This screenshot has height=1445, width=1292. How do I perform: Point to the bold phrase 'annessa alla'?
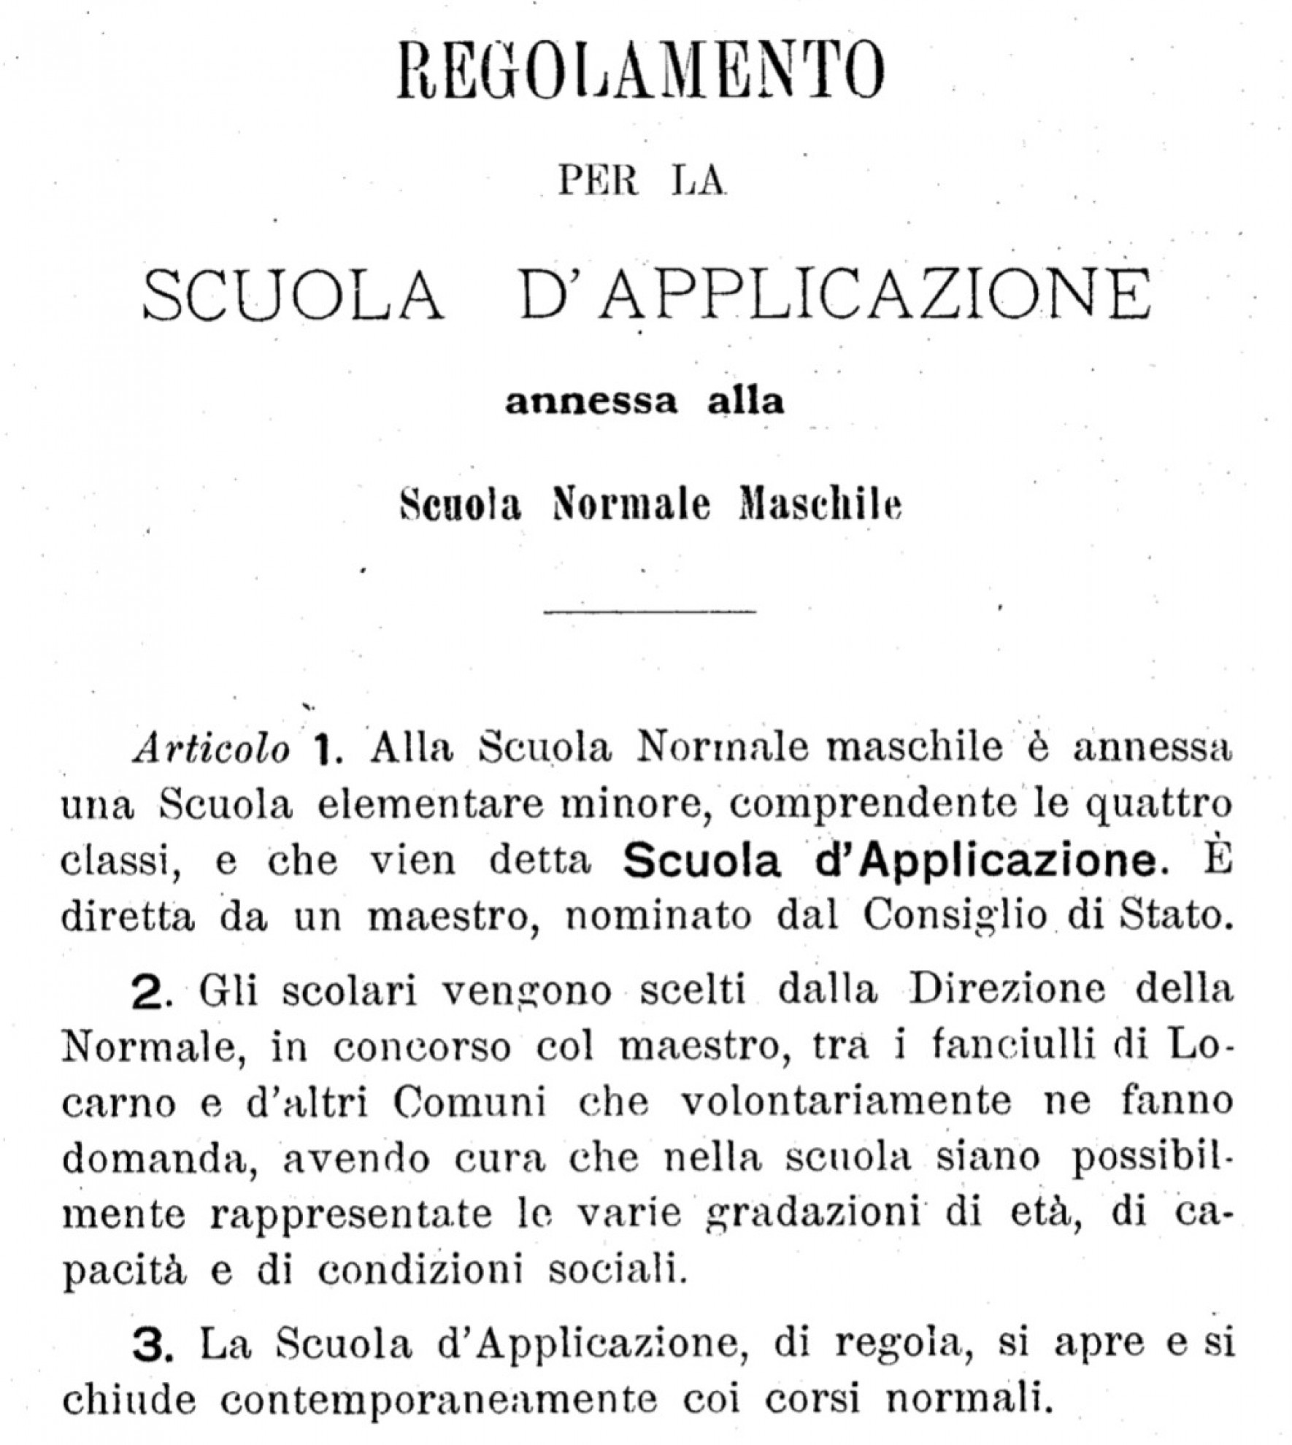(x=645, y=403)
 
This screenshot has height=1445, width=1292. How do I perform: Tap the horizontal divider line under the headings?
(x=650, y=612)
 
